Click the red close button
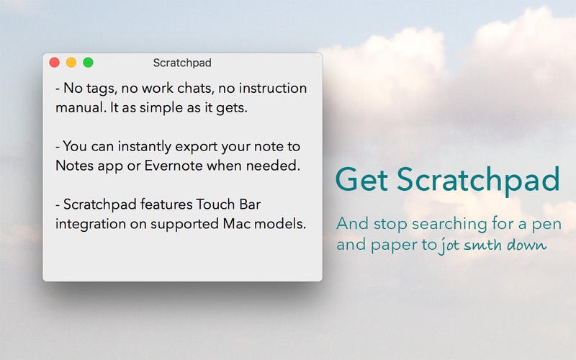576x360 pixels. coord(54,63)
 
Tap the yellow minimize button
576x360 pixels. coord(71,63)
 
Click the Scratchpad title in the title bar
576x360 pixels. coord(182,63)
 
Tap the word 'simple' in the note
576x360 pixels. coord(184,108)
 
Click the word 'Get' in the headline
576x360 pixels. coord(362,179)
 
